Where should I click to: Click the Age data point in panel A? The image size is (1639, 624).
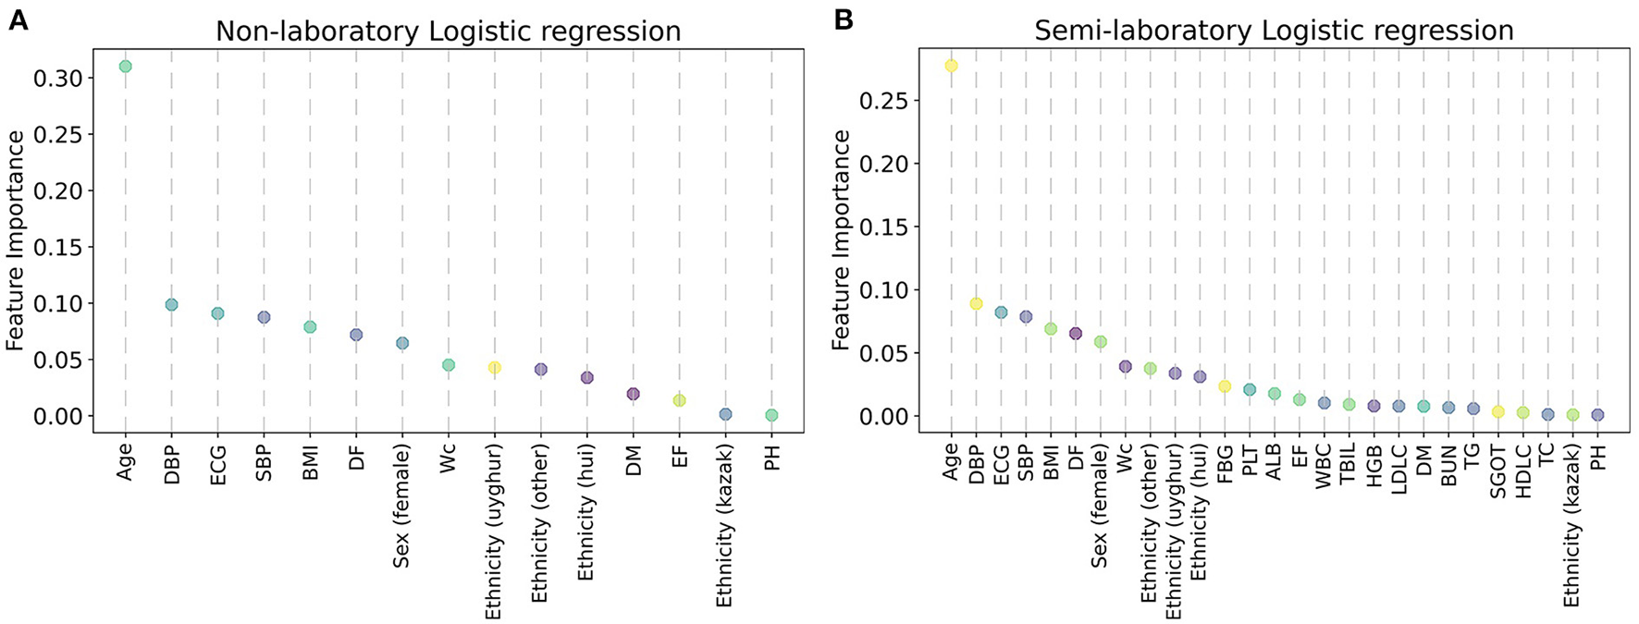tap(125, 67)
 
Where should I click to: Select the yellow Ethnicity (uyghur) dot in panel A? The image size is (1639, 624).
tap(495, 368)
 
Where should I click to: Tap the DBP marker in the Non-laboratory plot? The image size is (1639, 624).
tap(171, 305)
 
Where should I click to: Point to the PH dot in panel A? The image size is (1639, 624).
tap(771, 416)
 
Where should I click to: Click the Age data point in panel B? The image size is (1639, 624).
tap(951, 67)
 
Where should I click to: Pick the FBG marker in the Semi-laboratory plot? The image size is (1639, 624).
tap(1225, 386)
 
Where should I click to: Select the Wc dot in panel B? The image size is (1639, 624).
tap(1125, 367)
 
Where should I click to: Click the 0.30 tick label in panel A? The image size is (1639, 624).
tap(57, 79)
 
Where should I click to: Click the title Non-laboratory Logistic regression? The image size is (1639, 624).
tap(448, 31)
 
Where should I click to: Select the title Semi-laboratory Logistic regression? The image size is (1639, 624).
tap(1274, 31)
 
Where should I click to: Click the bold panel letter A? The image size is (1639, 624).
tap(18, 20)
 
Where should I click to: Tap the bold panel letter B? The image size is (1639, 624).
tap(843, 20)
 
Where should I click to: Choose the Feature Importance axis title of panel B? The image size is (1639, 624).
tap(841, 240)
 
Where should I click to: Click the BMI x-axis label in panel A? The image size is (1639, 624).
tap(310, 460)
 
